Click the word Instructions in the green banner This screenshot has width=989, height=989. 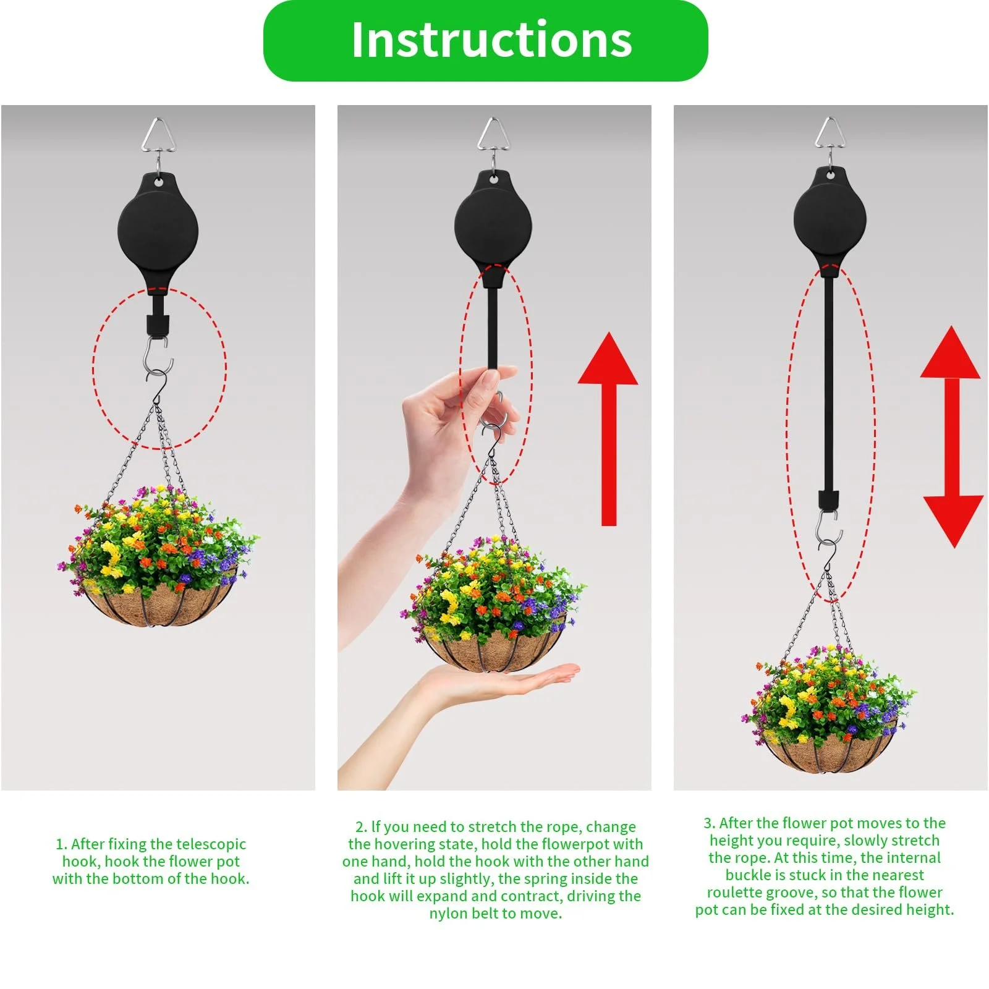491,40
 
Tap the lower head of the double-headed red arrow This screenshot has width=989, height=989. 953,519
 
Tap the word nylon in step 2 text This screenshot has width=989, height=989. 451,914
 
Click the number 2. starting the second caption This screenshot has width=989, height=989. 361,827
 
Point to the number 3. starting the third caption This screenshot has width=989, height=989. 709,823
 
